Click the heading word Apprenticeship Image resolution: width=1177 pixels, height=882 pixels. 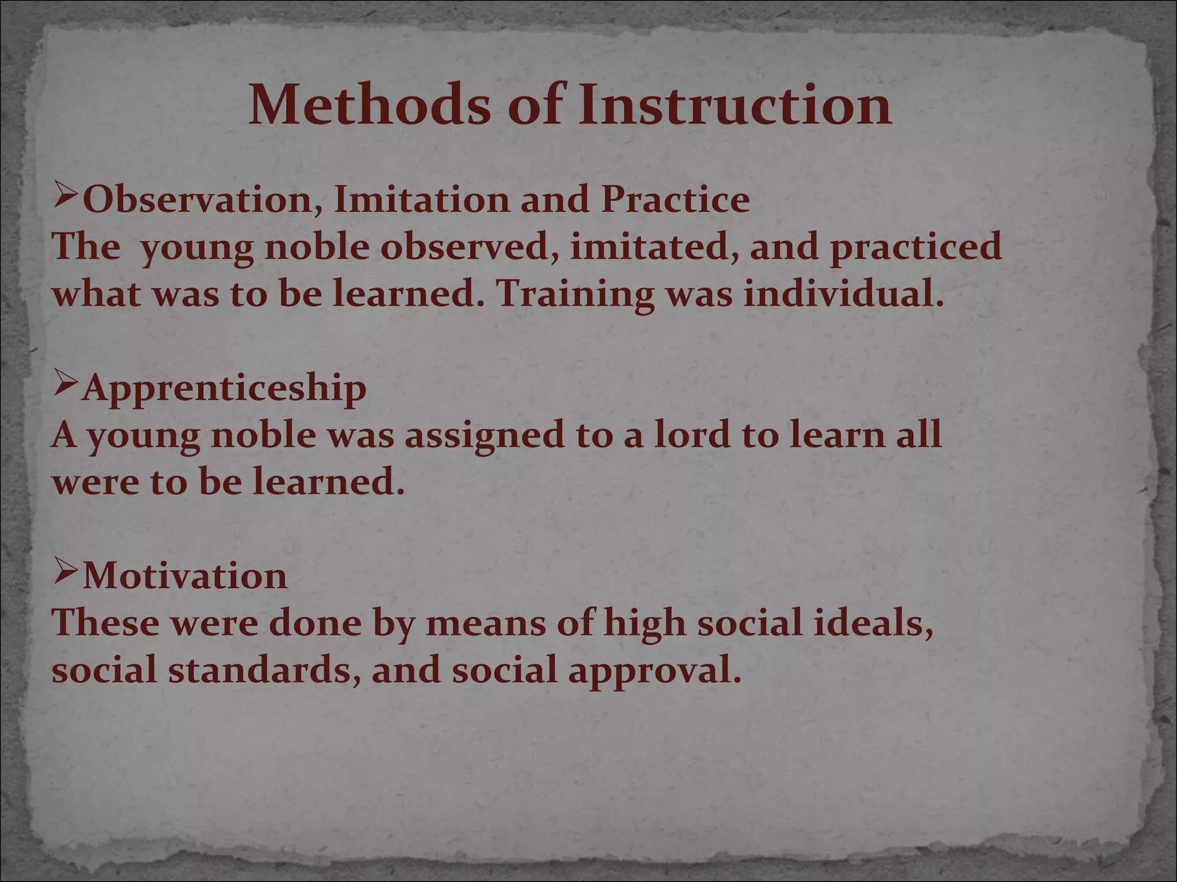[224, 388]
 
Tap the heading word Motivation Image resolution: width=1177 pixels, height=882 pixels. [185, 576]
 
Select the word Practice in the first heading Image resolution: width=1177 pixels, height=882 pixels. [675, 200]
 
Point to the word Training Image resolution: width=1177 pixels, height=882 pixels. [575, 295]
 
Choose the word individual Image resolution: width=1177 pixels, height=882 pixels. [843, 295]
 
